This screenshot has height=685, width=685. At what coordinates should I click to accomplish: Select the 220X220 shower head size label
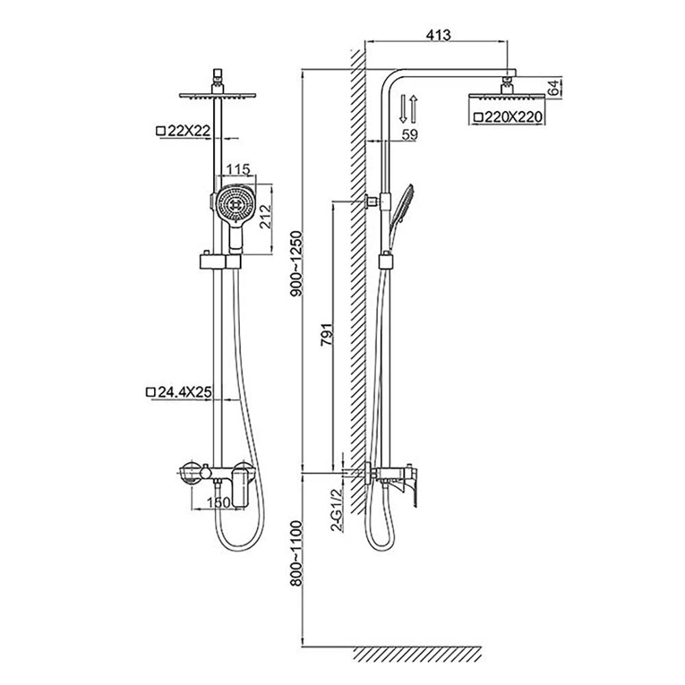[x=508, y=118]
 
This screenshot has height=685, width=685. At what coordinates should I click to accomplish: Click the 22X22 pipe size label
[x=182, y=130]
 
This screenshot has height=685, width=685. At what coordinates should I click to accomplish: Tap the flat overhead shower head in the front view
[x=216, y=96]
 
